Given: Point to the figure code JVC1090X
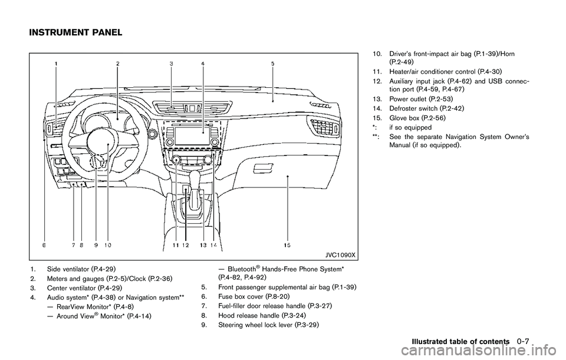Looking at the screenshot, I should (x=340, y=254).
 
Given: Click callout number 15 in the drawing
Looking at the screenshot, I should (x=287, y=243).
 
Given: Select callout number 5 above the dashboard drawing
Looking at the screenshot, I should (x=272, y=63).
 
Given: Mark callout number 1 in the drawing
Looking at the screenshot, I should (x=57, y=63).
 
